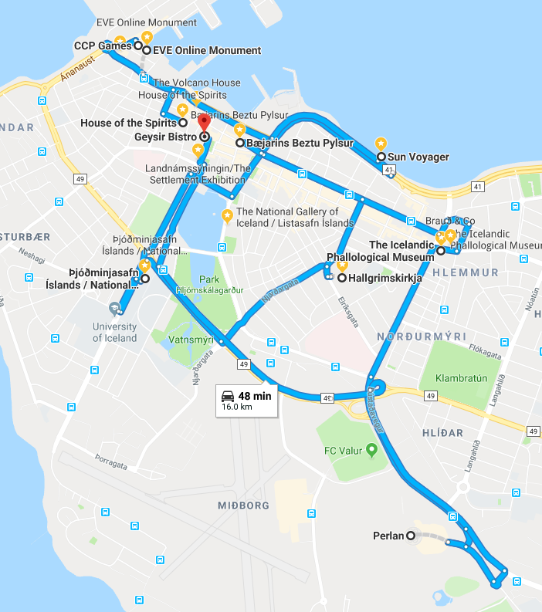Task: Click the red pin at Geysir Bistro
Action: [x=204, y=123]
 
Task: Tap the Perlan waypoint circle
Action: [x=411, y=536]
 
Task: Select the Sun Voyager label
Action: [x=418, y=157]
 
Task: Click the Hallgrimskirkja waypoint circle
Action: [x=341, y=278]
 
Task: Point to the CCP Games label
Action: [x=103, y=46]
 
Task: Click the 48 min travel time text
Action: [x=255, y=396]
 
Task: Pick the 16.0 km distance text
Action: [x=237, y=407]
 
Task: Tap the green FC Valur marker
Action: [x=371, y=448]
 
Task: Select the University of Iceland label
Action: [x=114, y=333]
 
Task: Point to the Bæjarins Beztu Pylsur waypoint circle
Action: [x=240, y=144]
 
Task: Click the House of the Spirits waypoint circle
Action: [x=183, y=123]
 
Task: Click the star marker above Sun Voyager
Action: [x=381, y=144]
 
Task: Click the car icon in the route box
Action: [x=229, y=396]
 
